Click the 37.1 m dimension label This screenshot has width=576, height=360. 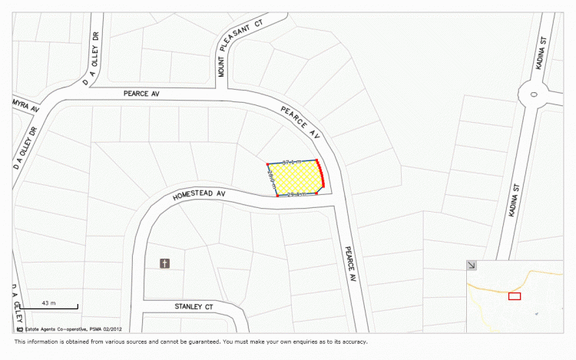tap(292, 163)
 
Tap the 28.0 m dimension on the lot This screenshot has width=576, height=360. tap(271, 180)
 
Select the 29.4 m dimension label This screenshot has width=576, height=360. tap(296, 195)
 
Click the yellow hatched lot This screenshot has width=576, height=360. tap(296, 179)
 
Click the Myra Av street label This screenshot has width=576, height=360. tap(25, 104)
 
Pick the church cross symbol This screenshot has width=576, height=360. tap(164, 264)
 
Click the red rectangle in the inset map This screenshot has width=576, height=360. tap(514, 296)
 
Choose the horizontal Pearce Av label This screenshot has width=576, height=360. tap(141, 94)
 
